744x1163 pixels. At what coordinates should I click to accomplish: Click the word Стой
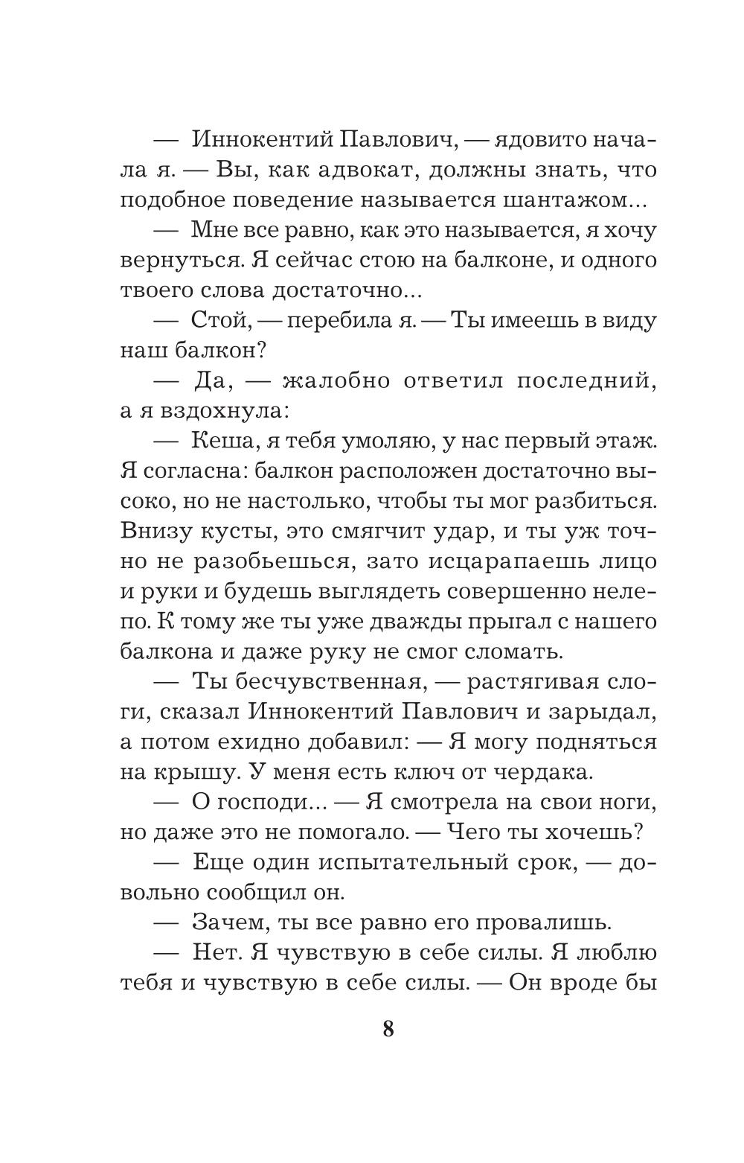(x=218, y=322)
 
